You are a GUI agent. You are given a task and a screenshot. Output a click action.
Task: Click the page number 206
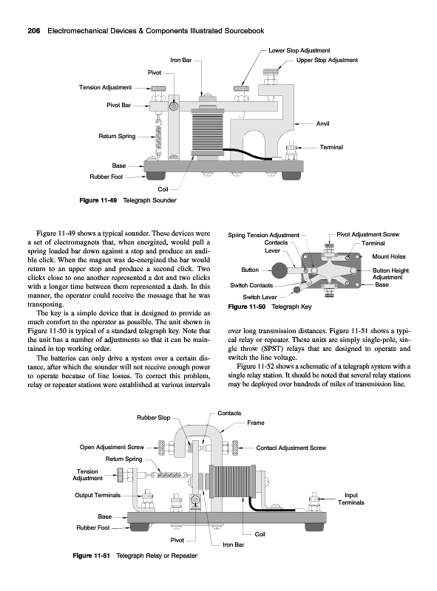pos(35,31)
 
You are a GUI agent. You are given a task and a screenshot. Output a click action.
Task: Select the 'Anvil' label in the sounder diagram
pos(322,123)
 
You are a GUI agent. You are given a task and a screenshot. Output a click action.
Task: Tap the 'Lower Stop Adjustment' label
pos(299,50)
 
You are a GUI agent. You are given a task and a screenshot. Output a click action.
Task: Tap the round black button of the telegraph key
pos(280,270)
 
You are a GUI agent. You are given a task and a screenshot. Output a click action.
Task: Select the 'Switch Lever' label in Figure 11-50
pos(260,297)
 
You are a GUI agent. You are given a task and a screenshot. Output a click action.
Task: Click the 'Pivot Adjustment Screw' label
pos(368,234)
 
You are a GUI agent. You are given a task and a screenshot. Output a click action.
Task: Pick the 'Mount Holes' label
pos(389,256)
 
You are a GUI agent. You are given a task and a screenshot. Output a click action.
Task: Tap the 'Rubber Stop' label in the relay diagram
pos(154,417)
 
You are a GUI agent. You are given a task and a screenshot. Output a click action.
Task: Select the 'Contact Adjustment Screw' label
pos(291,448)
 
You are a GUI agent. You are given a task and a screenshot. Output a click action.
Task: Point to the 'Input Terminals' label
pos(351,499)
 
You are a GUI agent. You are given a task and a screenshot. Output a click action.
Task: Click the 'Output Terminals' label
pos(98,495)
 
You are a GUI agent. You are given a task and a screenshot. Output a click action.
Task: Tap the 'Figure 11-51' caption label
pos(92,556)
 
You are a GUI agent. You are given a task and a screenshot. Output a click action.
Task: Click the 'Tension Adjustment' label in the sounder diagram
pos(105,87)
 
